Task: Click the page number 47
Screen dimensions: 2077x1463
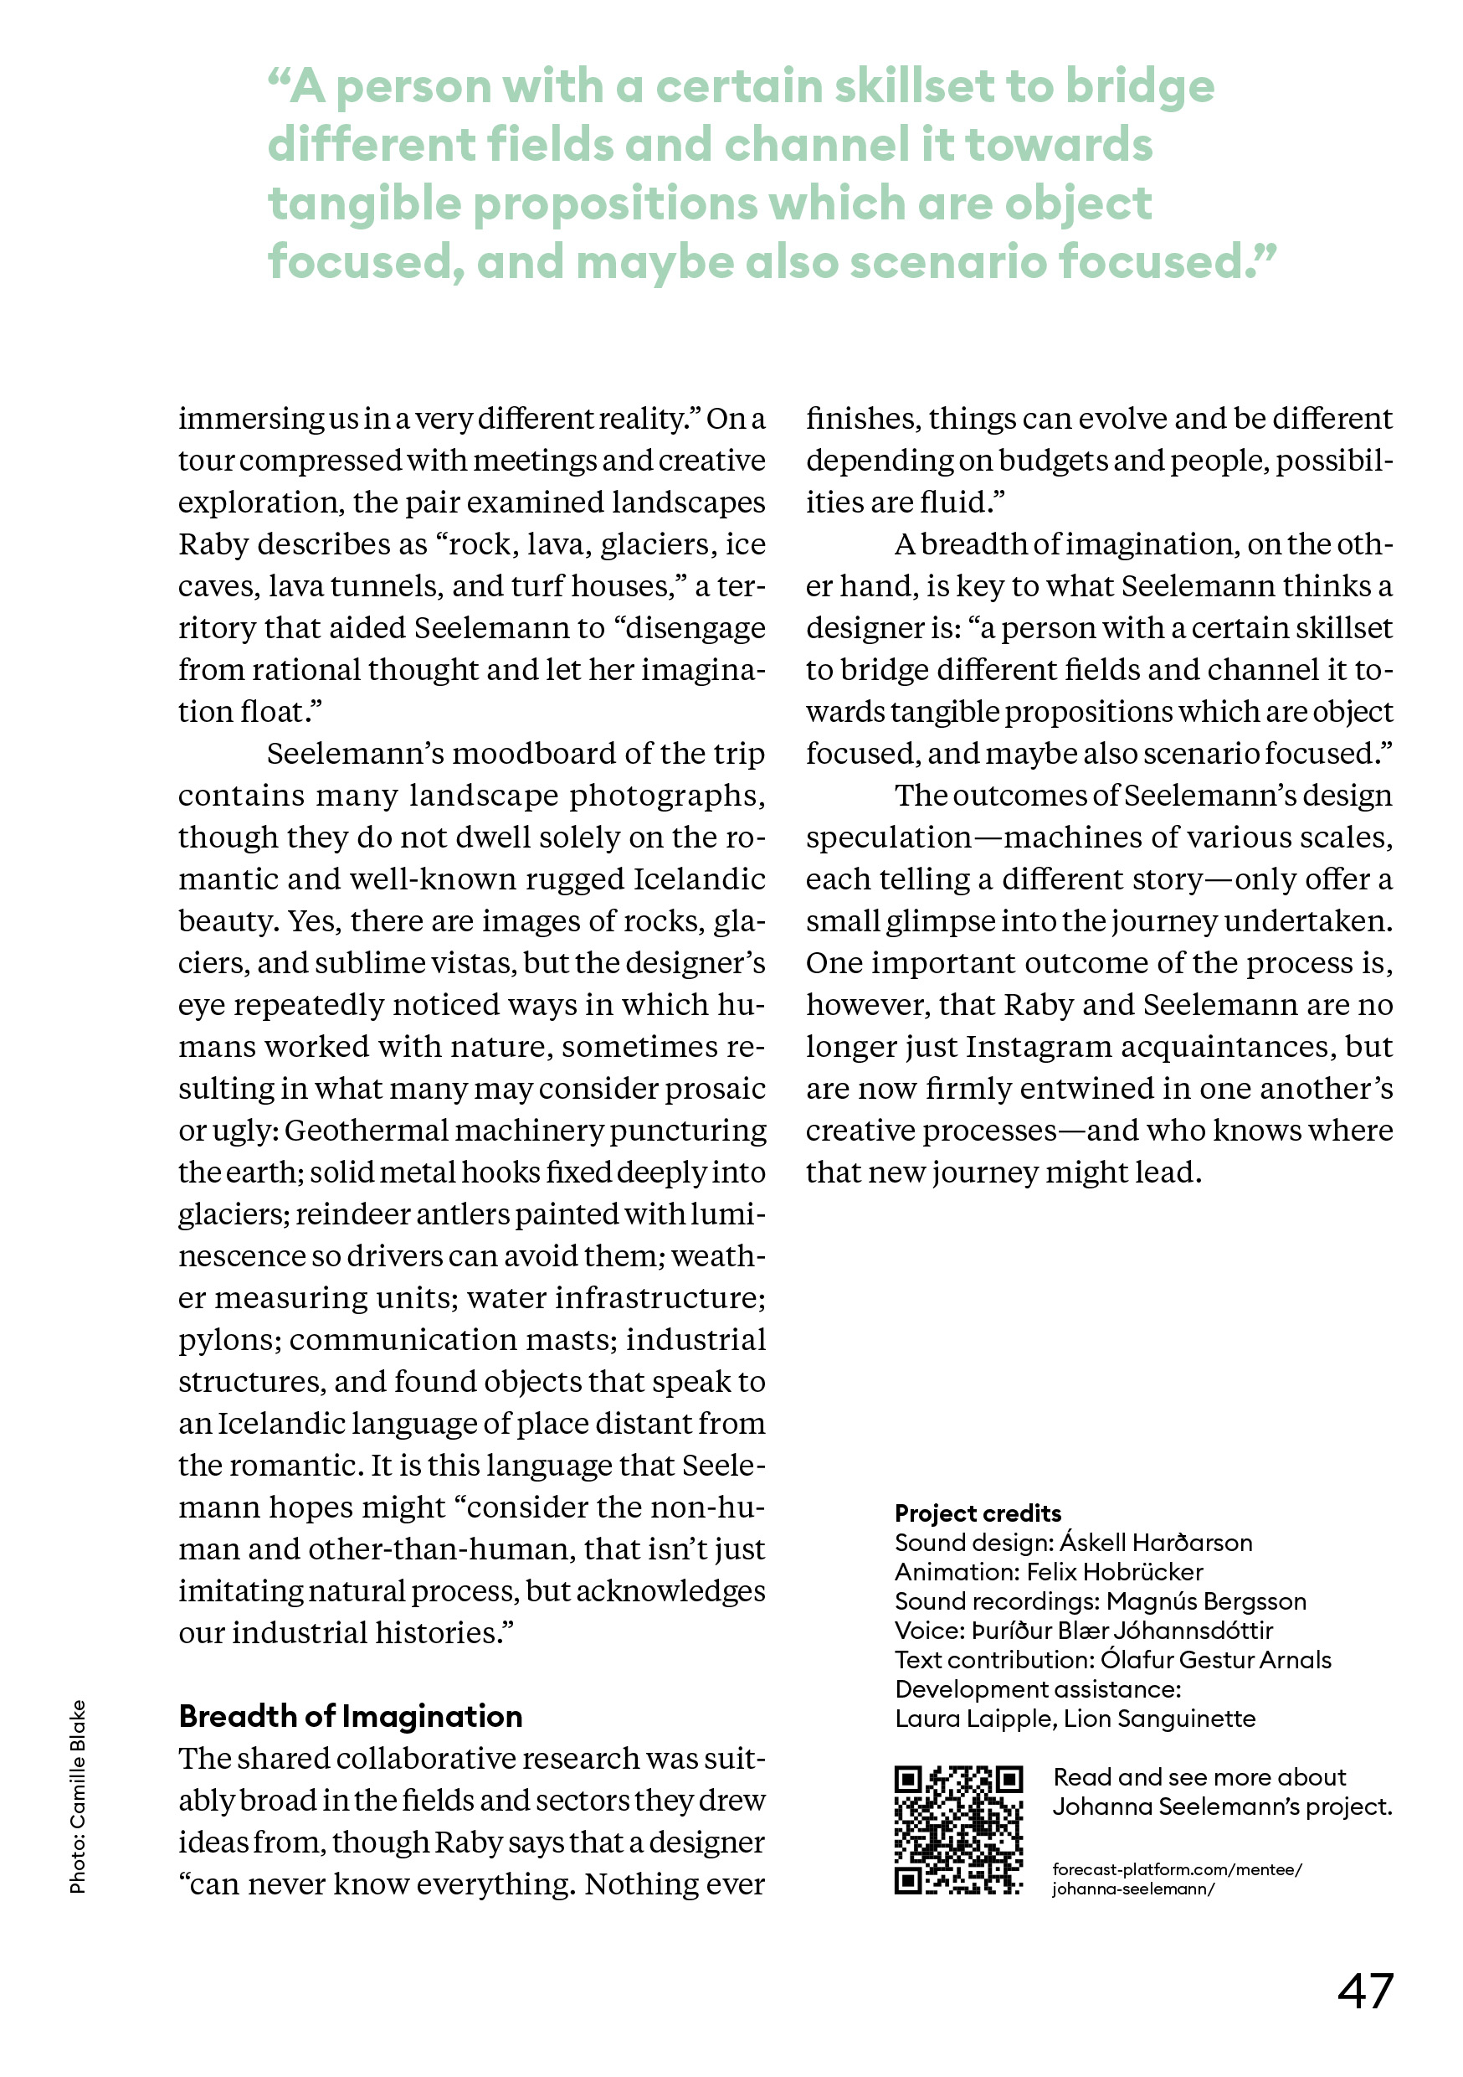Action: (1364, 1991)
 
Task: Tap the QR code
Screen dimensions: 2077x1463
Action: (957, 1830)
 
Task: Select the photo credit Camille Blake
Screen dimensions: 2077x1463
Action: (78, 1796)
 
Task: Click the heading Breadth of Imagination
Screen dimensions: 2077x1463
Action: (350, 1716)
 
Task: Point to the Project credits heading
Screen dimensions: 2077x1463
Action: (978, 1513)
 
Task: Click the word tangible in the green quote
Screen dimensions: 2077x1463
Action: (365, 204)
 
